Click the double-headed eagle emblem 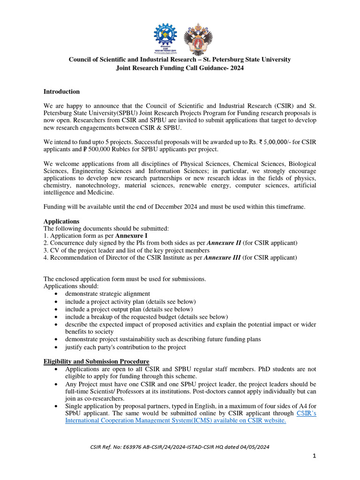(197, 38)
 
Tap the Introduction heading (61, 91)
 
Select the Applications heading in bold (61, 221)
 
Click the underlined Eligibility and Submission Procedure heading (96, 361)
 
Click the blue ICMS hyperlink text (175, 421)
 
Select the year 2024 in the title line (236, 68)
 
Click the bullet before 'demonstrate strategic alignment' (56, 294)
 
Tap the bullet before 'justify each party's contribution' (56, 347)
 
